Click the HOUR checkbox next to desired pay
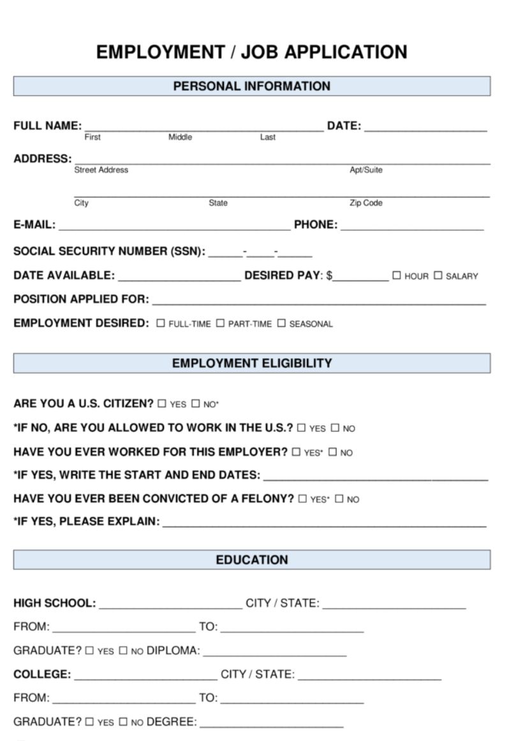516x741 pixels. coord(397,275)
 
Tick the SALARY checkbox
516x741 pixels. coord(438,275)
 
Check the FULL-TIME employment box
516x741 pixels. coord(161,323)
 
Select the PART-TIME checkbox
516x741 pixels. coord(220,323)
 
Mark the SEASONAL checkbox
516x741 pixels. coord(281,323)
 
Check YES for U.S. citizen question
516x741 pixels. coord(162,404)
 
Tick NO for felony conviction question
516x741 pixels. coord(339,499)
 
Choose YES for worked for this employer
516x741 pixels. coord(296,452)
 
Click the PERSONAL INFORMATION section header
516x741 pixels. coord(252,86)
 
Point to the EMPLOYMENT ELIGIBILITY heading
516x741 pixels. coord(252,363)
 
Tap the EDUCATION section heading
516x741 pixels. coord(252,560)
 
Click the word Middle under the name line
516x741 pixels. coord(180,137)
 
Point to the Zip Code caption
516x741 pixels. coord(365,203)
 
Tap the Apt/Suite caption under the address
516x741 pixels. coord(365,170)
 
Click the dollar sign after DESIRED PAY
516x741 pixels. coord(330,276)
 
